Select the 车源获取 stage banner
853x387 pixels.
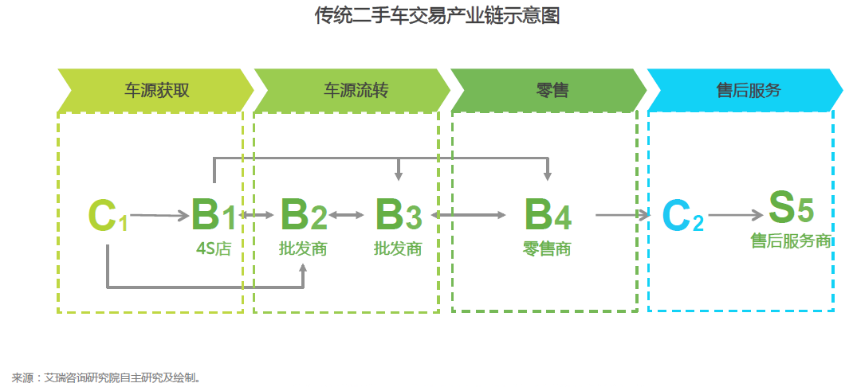click(x=156, y=90)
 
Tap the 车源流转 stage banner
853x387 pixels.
click(x=356, y=90)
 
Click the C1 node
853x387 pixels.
click(x=108, y=216)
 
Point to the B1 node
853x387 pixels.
click(x=214, y=214)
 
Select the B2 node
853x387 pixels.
click(x=303, y=214)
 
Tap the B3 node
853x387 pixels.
click(x=398, y=214)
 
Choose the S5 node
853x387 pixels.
click(x=790, y=209)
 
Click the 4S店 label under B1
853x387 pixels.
click(x=213, y=248)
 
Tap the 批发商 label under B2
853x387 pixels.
click(x=303, y=248)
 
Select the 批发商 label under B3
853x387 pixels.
click(x=398, y=248)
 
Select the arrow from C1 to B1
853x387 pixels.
click(x=159, y=215)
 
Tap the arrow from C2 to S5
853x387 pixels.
click(x=736, y=215)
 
